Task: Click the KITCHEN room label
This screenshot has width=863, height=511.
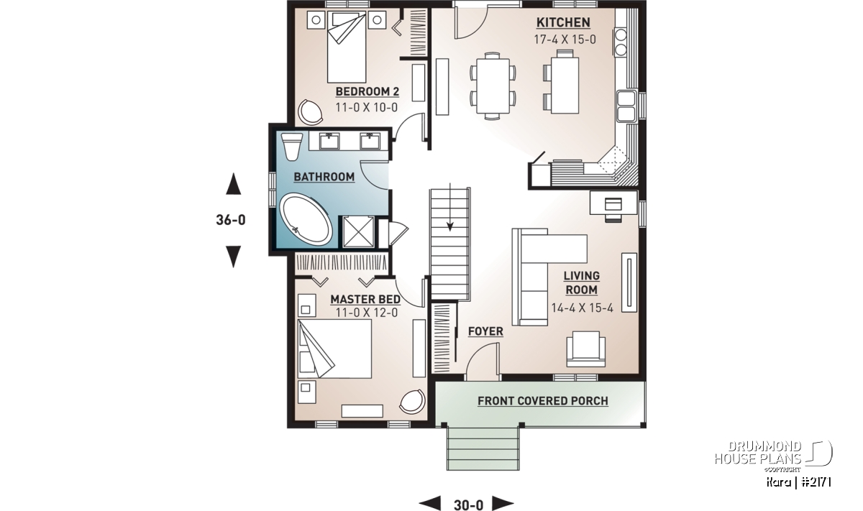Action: [563, 23]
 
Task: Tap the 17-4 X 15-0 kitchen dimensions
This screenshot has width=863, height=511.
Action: [565, 40]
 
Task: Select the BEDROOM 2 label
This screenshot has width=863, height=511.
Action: [367, 92]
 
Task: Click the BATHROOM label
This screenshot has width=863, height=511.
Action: [324, 177]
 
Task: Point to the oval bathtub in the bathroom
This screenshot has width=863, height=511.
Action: [306, 218]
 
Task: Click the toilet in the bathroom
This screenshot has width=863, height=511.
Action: [291, 147]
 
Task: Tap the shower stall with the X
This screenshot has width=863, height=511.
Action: [358, 231]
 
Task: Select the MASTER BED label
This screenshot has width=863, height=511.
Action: [365, 299]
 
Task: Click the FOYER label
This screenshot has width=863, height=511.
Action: [485, 331]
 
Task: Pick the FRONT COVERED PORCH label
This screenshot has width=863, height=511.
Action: [543, 401]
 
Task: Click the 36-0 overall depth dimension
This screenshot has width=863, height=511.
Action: [231, 220]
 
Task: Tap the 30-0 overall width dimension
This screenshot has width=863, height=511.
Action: [468, 505]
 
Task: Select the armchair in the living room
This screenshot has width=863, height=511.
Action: [585, 349]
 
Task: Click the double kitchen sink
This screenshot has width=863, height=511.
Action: [626, 106]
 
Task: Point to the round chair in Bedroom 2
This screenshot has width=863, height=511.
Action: [311, 112]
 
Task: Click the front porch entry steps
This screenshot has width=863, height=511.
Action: [483, 448]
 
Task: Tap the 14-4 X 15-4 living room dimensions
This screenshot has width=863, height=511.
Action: [582, 308]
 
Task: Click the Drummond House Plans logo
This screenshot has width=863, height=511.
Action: [773, 456]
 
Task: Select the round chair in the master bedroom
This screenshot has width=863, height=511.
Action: [412, 402]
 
